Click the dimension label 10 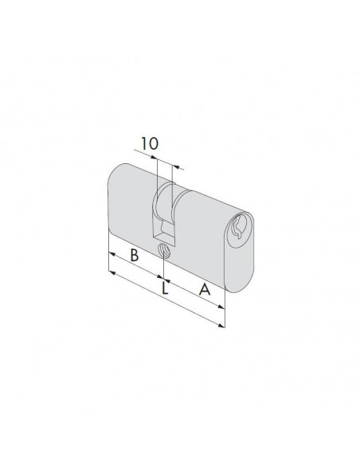point(150,144)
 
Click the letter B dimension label point(135,255)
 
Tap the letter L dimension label point(165,288)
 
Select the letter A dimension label point(205,290)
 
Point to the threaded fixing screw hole point(164,251)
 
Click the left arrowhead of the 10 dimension point(153,158)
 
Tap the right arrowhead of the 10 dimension point(176,167)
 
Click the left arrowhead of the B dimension point(112,253)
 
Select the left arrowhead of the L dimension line point(112,272)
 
